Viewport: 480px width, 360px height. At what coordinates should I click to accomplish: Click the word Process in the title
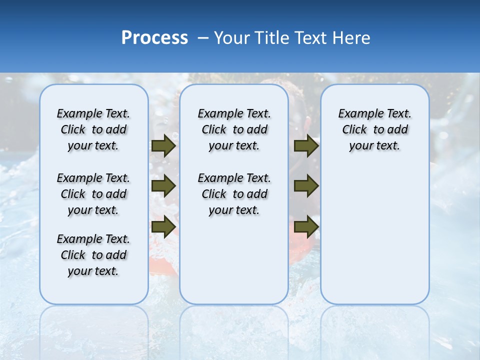click(x=154, y=38)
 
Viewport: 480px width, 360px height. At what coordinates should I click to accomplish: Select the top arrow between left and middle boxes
click(x=163, y=146)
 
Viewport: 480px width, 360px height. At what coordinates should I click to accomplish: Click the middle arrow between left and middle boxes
click(x=163, y=186)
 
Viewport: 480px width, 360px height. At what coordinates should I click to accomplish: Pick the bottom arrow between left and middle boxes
click(x=163, y=226)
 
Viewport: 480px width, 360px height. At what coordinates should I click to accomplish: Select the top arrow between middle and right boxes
click(x=306, y=146)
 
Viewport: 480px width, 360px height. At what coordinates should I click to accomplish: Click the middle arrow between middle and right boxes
click(x=306, y=186)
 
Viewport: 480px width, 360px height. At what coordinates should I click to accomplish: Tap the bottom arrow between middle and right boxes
click(x=306, y=226)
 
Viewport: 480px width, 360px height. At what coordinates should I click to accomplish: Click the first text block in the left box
click(x=93, y=129)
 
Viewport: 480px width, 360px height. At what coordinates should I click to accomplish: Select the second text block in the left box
click(x=93, y=194)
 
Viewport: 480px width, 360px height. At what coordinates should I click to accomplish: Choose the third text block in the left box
click(x=93, y=255)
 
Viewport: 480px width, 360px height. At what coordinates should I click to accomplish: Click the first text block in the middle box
click(x=234, y=129)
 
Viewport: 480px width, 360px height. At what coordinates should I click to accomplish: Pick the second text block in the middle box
click(x=234, y=194)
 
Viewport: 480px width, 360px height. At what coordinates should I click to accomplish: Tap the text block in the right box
click(x=375, y=129)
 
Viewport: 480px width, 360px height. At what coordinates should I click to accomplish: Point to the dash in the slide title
click(x=203, y=38)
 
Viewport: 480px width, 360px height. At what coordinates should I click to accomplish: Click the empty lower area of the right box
click(x=375, y=240)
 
